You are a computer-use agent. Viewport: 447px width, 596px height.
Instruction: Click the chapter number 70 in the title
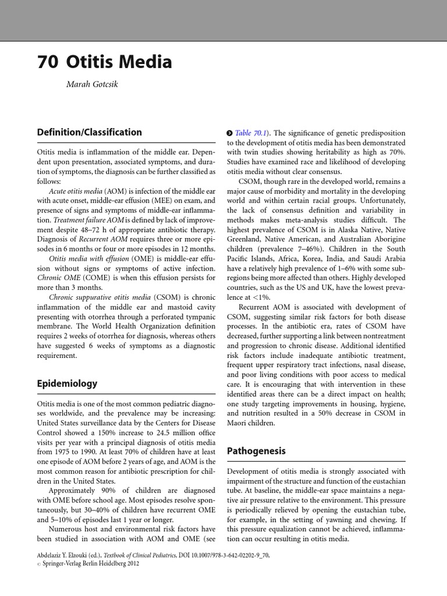pyautogui.click(x=47, y=63)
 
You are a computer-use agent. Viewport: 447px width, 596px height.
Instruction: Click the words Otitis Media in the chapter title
pyautogui.click(x=119, y=63)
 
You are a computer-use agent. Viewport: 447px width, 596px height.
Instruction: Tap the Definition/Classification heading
pyautogui.click(x=89, y=132)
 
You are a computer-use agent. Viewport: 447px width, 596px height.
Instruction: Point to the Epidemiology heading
pyautogui.click(x=67, y=384)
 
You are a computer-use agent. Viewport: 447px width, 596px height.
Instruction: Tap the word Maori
pyautogui.click(x=239, y=423)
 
